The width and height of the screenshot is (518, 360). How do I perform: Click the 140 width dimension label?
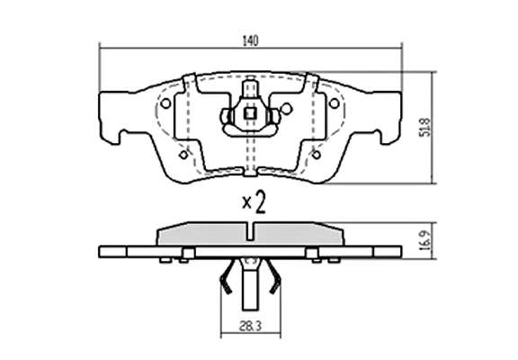click(x=250, y=40)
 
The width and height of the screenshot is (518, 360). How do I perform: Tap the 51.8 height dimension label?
click(x=425, y=127)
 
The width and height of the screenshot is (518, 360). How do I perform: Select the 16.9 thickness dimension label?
click(x=425, y=240)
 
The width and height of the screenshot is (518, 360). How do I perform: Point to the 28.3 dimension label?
click(x=250, y=327)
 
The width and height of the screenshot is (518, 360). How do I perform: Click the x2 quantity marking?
click(x=254, y=202)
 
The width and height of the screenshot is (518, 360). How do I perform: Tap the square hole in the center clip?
click(x=250, y=113)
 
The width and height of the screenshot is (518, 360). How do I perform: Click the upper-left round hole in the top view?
click(x=165, y=103)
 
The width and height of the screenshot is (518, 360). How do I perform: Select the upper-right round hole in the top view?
click(x=335, y=103)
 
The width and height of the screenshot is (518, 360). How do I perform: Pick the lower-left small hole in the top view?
click(x=183, y=155)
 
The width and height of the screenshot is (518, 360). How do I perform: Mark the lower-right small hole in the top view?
click(x=317, y=155)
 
